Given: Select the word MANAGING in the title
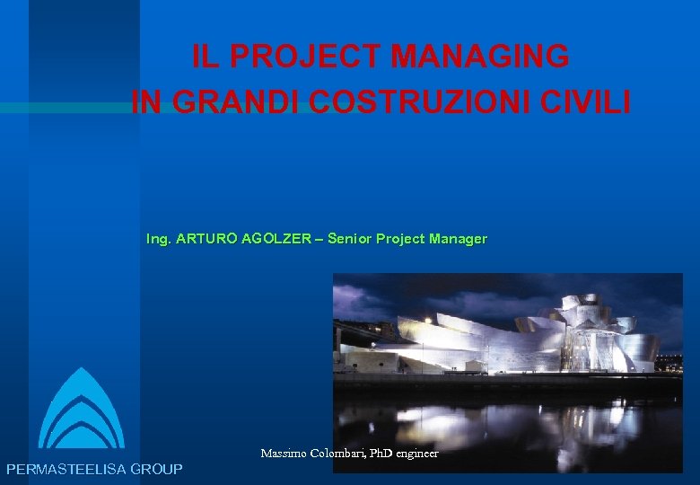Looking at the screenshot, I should (x=480, y=57).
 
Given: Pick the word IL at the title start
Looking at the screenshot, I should (x=206, y=57).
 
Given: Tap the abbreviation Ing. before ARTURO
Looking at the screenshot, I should (x=159, y=239).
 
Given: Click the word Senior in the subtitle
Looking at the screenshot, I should (x=350, y=239).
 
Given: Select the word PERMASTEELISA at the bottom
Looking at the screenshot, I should (x=66, y=469).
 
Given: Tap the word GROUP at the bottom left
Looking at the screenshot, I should (x=156, y=469).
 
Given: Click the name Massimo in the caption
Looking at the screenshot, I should (x=282, y=454).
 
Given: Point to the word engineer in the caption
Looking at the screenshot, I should (x=417, y=454).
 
